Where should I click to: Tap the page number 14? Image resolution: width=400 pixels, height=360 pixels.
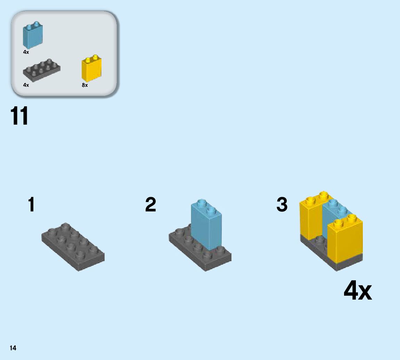pos(13,348)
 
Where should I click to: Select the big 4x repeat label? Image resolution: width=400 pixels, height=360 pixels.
pos(357,291)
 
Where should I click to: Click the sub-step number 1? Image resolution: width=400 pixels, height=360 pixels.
pos(31,204)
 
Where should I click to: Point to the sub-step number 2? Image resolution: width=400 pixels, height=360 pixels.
pos(150,204)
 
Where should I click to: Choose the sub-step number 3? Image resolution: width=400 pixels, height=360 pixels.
pos(282,204)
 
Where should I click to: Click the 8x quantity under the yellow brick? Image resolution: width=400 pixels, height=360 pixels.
pos(85,85)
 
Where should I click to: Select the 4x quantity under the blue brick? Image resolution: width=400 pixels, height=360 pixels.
pos(26,52)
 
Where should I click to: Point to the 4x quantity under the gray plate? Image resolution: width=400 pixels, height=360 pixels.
pos(26,85)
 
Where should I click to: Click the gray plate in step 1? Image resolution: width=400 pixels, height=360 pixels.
pos(73,247)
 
